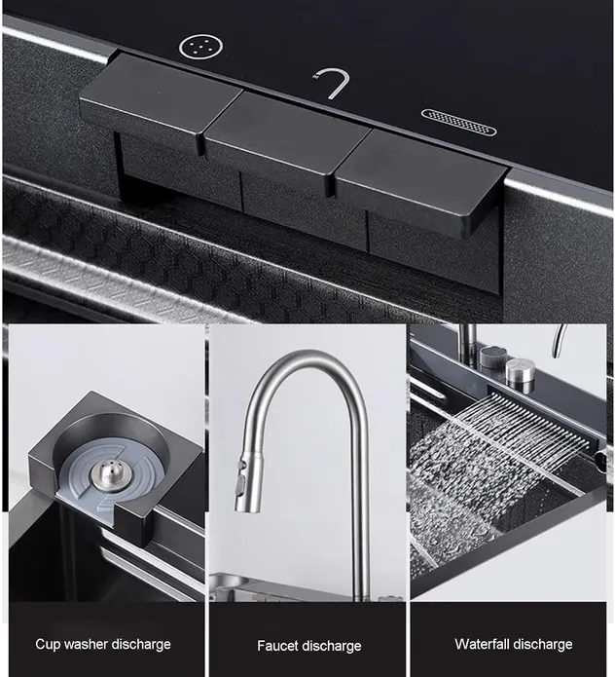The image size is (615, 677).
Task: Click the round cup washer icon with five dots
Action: point(201,47)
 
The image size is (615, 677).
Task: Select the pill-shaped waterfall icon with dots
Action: point(458,122)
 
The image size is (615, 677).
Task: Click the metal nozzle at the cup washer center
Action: point(106,475)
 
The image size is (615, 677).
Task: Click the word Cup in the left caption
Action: point(46,645)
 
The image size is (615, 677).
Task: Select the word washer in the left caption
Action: point(80,644)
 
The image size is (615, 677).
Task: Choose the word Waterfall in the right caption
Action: point(481,644)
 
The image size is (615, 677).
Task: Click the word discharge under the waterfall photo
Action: point(542,645)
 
